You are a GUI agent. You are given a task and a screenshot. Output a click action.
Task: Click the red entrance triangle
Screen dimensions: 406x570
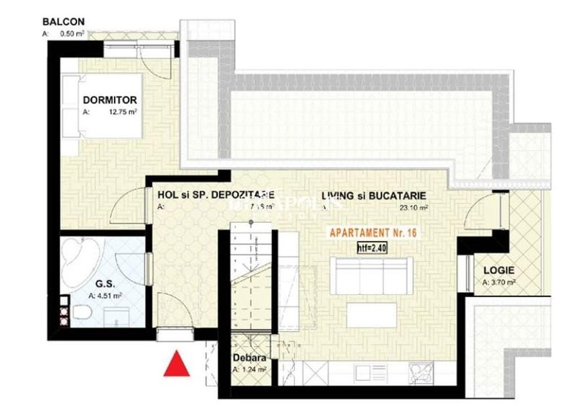176,364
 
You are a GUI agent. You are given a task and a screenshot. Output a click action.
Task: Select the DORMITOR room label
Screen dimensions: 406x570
110,100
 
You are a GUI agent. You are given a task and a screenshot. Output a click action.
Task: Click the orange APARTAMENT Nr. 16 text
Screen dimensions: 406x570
373,233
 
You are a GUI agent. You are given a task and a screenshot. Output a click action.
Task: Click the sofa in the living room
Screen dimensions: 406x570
371,274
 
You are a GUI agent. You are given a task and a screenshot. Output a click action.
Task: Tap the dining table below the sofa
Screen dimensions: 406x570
371,314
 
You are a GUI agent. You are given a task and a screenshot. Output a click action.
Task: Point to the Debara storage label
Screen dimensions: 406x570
249,358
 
